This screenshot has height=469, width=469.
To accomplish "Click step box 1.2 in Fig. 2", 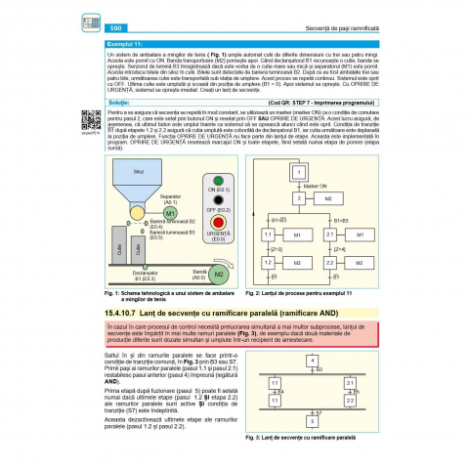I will [268, 263].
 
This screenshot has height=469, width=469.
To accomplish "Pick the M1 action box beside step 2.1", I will [360, 235].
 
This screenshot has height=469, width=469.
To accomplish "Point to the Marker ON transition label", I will [316, 185].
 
